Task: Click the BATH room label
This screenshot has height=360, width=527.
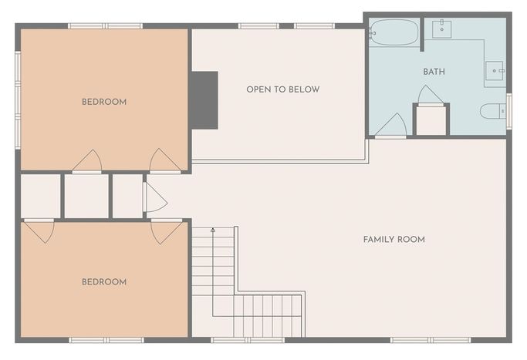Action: [x=434, y=72]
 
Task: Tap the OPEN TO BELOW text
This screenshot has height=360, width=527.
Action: [x=283, y=89]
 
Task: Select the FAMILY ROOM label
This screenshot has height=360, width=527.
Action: [x=394, y=240]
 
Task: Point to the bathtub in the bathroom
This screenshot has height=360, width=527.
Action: [x=394, y=32]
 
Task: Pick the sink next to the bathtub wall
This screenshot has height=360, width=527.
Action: [x=441, y=29]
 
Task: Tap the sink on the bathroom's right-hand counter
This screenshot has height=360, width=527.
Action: [x=495, y=70]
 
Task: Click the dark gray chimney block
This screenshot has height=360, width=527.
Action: [x=204, y=100]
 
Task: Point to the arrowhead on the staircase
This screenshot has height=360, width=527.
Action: [x=213, y=230]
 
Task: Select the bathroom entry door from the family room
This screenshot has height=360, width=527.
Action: [x=391, y=126]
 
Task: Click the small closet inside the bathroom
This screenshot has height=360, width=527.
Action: [x=431, y=120]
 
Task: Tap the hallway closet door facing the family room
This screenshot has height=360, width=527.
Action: [x=154, y=197]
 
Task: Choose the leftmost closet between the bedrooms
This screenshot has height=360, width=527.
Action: [x=40, y=196]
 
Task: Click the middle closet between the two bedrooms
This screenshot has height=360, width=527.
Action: [x=86, y=196]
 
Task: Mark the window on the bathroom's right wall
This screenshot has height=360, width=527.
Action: [x=508, y=111]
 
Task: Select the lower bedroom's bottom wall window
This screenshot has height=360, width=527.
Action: [x=106, y=340]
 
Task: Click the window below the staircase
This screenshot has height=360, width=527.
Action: [x=248, y=340]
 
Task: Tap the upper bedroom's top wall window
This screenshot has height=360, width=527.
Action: [x=106, y=26]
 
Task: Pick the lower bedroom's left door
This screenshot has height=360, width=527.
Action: [x=39, y=231]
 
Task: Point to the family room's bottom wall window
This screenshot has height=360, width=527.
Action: [x=431, y=340]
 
